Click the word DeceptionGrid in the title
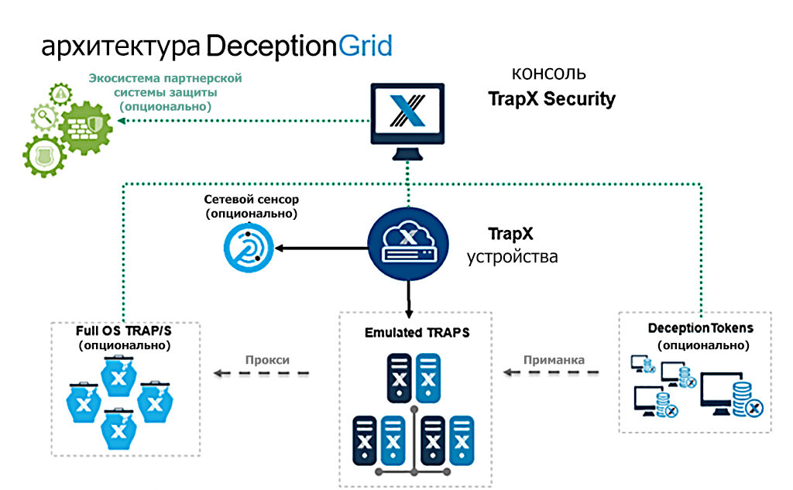click(299, 46)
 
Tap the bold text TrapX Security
click(551, 99)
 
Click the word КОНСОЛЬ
click(549, 74)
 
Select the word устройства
click(512, 256)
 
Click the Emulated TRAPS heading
click(417, 333)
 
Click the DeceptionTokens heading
click(700, 328)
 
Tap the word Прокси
click(267, 360)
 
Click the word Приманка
click(554, 360)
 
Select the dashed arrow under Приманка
click(551, 374)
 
